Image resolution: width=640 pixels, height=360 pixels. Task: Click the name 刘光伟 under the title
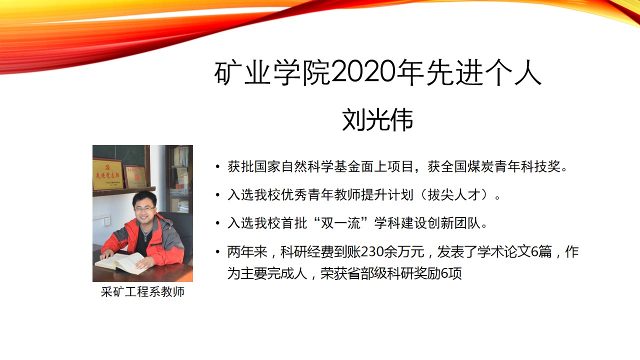tap(377, 120)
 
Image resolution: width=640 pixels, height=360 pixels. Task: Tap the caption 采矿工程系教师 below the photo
tap(142, 292)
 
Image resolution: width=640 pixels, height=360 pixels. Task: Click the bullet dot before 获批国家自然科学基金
tap(217, 166)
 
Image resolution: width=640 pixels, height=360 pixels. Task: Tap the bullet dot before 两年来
tap(217, 251)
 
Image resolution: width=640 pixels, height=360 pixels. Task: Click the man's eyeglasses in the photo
tap(144, 209)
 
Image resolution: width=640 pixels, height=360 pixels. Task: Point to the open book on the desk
tap(121, 263)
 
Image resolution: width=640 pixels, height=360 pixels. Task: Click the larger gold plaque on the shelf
tap(107, 174)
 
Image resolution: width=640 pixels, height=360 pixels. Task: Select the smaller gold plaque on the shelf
tap(135, 176)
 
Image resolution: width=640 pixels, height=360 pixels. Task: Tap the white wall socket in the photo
tap(107, 221)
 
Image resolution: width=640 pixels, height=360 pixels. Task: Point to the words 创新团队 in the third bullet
tap(454, 223)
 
